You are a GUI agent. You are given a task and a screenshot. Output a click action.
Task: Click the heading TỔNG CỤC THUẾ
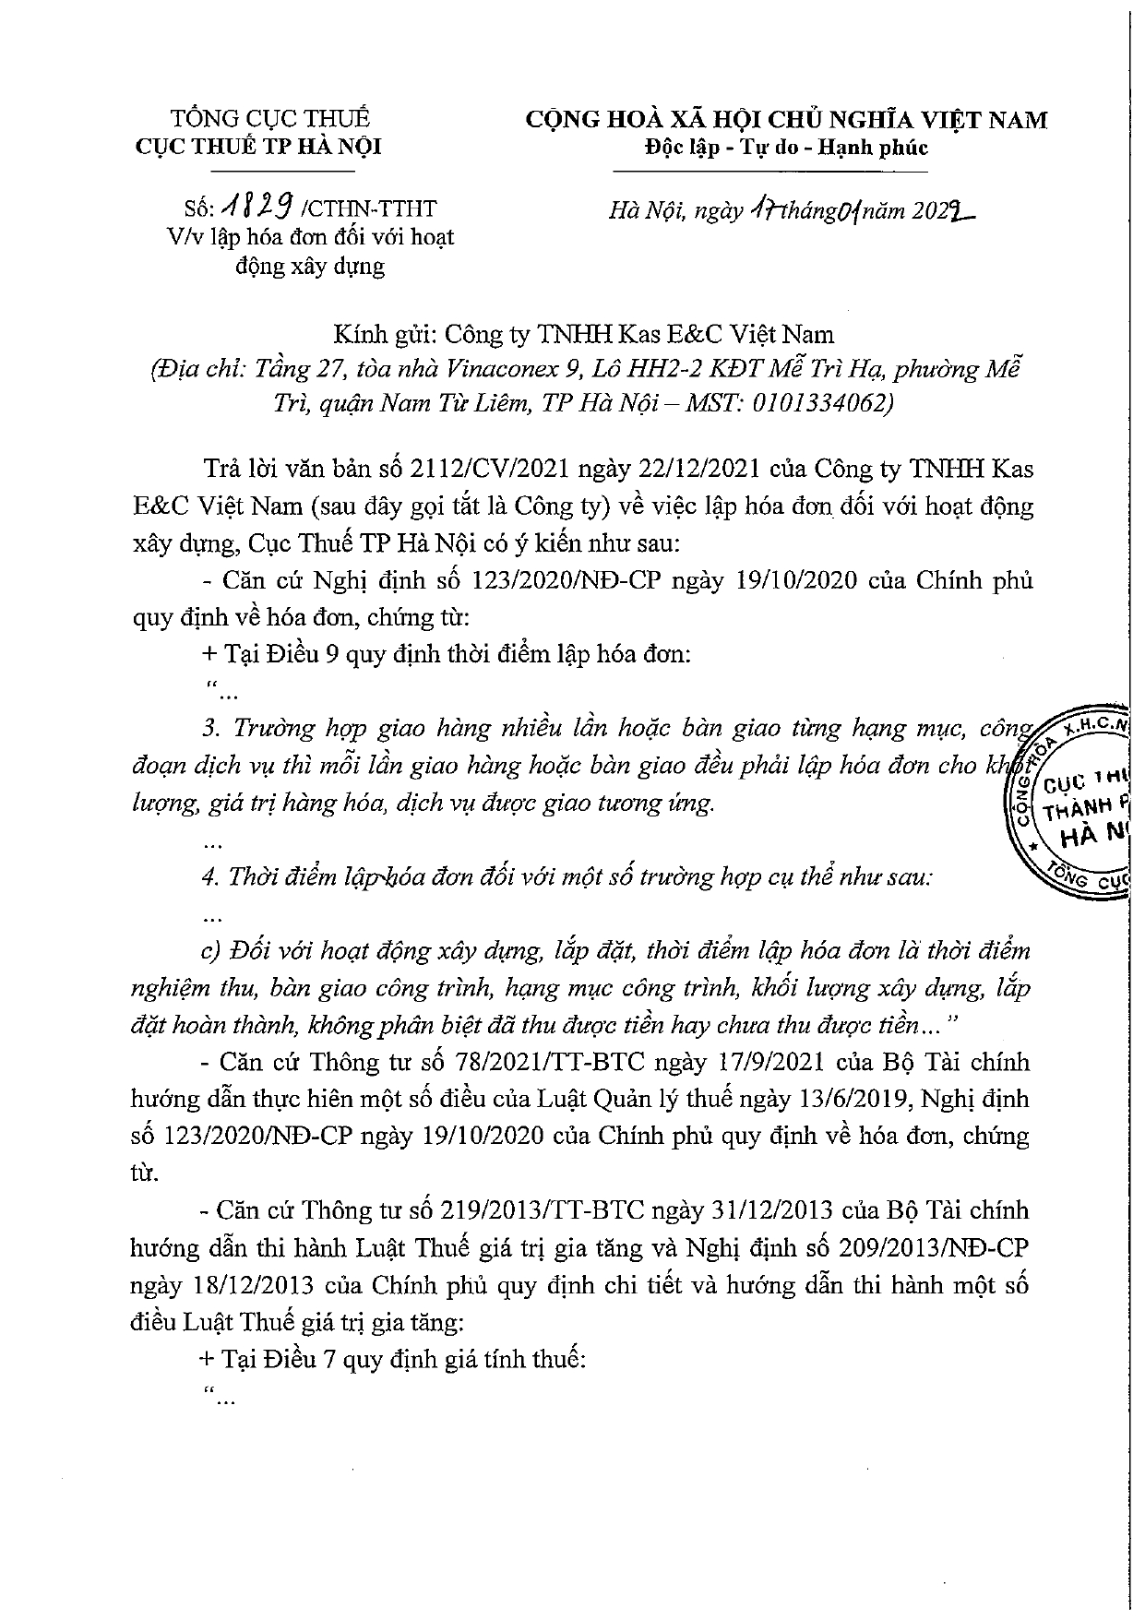click(x=270, y=119)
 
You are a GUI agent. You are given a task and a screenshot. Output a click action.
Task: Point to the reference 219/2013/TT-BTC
click(x=556, y=1210)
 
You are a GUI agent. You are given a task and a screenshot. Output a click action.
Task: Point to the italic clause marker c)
click(x=212, y=950)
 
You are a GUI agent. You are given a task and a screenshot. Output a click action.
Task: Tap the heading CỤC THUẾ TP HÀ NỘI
click(x=257, y=148)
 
